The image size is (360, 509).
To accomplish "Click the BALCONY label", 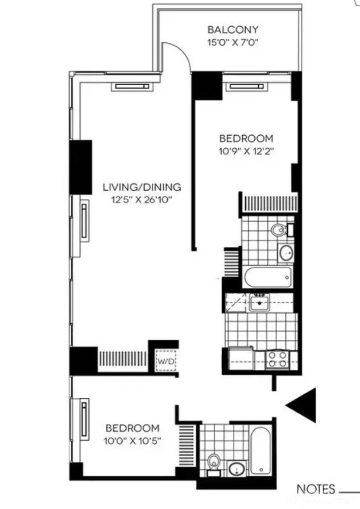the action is click(x=233, y=30).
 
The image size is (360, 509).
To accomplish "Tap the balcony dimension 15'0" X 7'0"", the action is click(x=233, y=42).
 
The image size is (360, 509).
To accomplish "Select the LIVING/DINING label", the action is click(x=142, y=187).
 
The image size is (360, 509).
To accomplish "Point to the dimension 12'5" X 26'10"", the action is click(x=141, y=200).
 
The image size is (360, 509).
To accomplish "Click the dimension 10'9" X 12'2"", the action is click(x=246, y=151).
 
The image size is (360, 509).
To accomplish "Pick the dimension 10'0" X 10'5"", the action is click(x=132, y=441).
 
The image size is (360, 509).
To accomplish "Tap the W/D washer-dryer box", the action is click(x=166, y=360).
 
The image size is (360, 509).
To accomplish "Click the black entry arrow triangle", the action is click(x=301, y=405).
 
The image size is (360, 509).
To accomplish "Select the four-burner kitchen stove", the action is click(x=277, y=360).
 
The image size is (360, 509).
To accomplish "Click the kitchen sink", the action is click(x=259, y=303).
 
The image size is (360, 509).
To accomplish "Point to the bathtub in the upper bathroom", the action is click(x=268, y=277).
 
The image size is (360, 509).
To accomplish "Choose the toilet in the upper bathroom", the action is click(x=280, y=230).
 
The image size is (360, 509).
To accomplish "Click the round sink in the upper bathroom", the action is click(x=286, y=253).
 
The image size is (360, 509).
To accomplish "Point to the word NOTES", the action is click(x=316, y=489).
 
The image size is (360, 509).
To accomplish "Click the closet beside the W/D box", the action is click(x=123, y=361).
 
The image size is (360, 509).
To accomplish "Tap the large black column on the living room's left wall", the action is click(x=81, y=167).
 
